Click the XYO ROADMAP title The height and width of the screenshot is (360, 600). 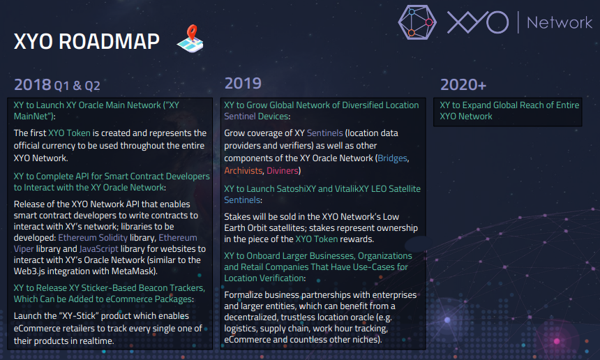click(x=87, y=41)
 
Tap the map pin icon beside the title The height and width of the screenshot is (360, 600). click(x=190, y=38)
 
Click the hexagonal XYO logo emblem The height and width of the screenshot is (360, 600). click(x=417, y=22)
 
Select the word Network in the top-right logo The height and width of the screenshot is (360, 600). click(x=560, y=22)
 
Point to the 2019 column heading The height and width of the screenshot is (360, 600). click(x=243, y=83)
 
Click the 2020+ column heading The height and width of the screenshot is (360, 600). click(x=463, y=84)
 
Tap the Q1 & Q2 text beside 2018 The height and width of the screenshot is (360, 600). click(x=77, y=85)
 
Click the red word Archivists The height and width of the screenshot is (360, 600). click(x=243, y=171)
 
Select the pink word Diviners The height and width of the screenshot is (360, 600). click(x=283, y=171)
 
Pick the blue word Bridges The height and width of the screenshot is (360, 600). click(x=392, y=158)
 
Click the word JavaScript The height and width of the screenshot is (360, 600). click(x=99, y=249)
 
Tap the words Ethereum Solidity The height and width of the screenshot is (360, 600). click(x=93, y=238)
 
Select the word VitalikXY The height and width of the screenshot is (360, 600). click(x=353, y=188)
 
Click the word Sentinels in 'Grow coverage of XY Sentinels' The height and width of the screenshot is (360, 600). click(x=325, y=133)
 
